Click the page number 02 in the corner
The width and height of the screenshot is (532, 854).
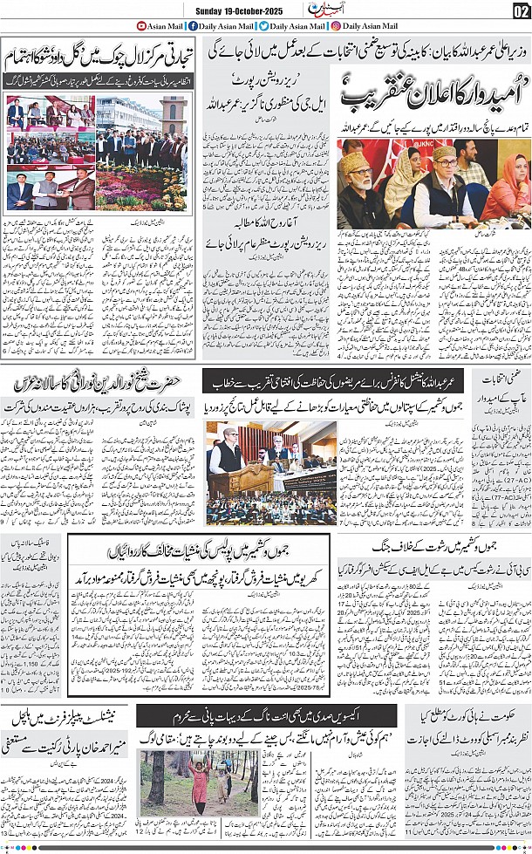(x=520, y=10)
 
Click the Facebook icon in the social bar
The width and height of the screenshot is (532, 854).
(x=193, y=26)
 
